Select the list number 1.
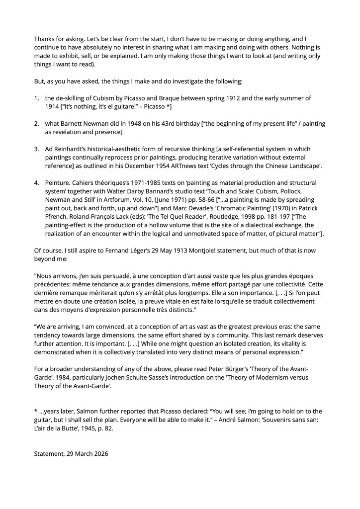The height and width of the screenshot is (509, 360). click(x=36, y=98)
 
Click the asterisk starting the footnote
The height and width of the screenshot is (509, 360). click(x=36, y=411)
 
